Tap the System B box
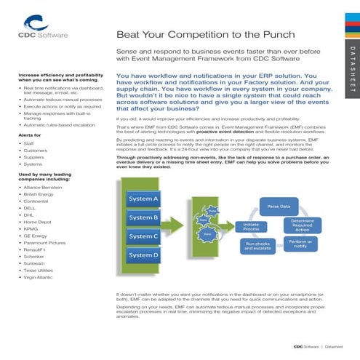pos(143,217)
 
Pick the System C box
pos(143,236)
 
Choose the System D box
pos(143,255)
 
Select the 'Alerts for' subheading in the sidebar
pos(30,135)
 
